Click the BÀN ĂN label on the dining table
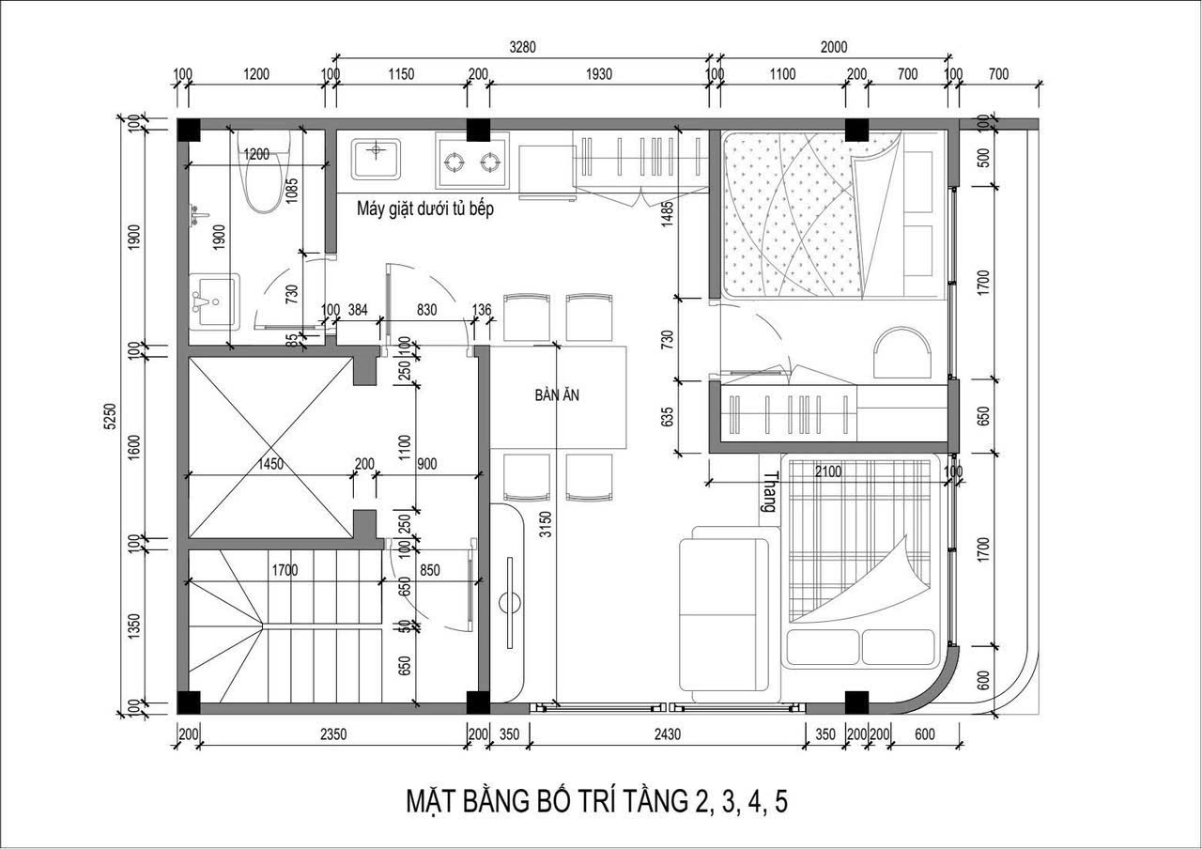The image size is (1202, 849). [x=557, y=395]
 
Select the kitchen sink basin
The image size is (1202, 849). [x=376, y=159]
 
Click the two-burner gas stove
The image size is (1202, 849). [x=472, y=161]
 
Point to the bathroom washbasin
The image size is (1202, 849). [x=214, y=302]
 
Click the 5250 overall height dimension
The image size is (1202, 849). [x=110, y=416]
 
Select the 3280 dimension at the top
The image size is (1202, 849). [x=522, y=47]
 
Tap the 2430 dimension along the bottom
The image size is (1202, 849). [x=667, y=733]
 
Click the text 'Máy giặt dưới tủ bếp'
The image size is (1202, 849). [x=425, y=208]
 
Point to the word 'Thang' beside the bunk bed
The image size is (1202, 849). [x=770, y=491]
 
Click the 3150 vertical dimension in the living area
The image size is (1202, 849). [x=546, y=524]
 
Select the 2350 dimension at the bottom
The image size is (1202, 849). [x=333, y=733]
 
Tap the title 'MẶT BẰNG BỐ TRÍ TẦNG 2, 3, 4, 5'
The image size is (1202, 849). [x=596, y=802]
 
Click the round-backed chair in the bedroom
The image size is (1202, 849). [x=902, y=352]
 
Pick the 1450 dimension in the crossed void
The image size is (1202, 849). [x=270, y=464]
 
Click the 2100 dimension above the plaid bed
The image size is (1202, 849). [x=828, y=471]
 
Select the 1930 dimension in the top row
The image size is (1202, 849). [x=598, y=74]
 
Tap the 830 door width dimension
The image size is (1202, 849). [x=426, y=310]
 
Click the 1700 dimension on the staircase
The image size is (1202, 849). [x=285, y=569]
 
